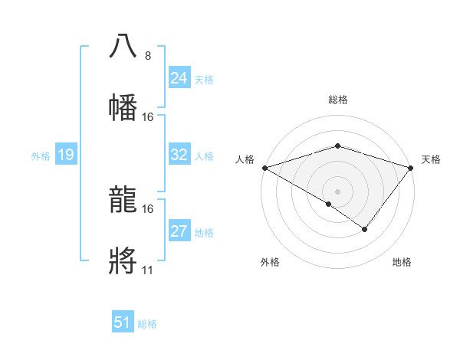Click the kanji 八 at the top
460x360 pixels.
click(123, 45)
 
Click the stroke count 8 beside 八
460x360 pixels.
click(147, 55)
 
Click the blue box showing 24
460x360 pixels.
click(179, 78)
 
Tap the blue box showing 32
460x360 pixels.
click(179, 155)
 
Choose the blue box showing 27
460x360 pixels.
click(179, 231)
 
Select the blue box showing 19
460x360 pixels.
click(65, 155)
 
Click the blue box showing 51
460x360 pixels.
click(123, 322)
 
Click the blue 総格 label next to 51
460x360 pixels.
click(147, 324)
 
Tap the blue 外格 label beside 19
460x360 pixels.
click(41, 156)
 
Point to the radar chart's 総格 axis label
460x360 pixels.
click(337, 100)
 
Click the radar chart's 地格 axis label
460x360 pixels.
click(402, 262)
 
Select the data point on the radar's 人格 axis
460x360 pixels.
click(264, 167)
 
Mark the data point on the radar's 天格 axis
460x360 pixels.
click(411, 167)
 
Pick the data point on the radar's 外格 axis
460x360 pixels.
click(328, 204)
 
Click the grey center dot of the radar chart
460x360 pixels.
click(337, 191)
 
